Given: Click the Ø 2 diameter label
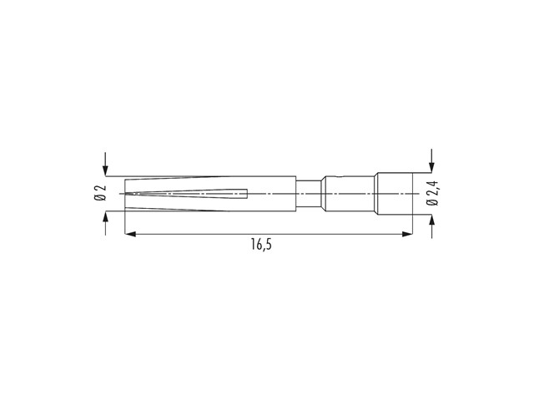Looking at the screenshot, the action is tap(100, 193).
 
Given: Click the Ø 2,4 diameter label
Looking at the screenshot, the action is tap(433, 193).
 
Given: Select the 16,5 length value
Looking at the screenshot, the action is tap(261, 245).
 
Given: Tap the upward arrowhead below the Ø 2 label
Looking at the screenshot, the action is tap(106, 216).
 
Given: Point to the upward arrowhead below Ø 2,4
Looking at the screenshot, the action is tap(432, 220).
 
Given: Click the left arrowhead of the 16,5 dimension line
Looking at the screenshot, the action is tap(130, 234).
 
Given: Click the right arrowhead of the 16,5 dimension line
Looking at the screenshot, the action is tap(407, 234).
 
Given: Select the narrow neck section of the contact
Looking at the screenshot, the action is tap(309, 194).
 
